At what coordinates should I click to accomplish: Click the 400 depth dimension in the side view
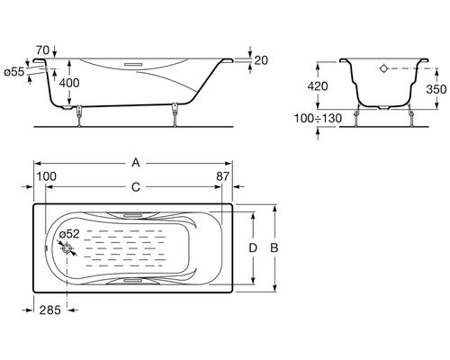coord(69,83)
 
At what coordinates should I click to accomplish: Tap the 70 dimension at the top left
coord(42,49)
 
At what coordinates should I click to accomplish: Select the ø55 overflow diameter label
coord(14,72)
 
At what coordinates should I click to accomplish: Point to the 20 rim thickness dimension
coord(261,60)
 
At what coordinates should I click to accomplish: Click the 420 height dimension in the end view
coord(318,86)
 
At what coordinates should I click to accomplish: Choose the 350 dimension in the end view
coord(436,89)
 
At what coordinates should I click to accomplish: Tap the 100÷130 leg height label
coord(318,118)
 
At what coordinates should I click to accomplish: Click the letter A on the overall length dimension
coord(136,163)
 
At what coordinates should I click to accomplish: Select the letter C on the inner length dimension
coord(136,187)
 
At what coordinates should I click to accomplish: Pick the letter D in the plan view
coord(253,248)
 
